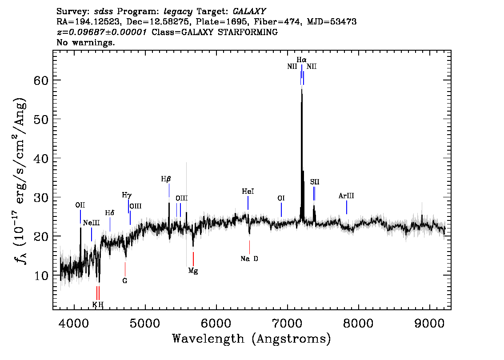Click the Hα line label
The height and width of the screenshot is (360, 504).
[x=301, y=60]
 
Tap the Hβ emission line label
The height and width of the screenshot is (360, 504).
[x=166, y=179]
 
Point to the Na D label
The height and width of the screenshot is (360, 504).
[x=249, y=259]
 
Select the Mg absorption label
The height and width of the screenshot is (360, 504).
[x=193, y=271]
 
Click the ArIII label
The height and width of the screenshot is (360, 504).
[x=346, y=196]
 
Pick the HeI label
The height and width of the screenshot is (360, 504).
[x=248, y=192]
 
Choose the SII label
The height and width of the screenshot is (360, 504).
[x=315, y=182]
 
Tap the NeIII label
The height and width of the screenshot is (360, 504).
[x=91, y=223]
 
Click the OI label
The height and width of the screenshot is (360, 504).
[x=281, y=198]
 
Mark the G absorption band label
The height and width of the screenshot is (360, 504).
[x=125, y=281]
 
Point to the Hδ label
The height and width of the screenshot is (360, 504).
[x=110, y=213]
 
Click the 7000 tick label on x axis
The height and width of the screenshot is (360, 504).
[x=288, y=323]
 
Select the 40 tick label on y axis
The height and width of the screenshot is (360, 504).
[x=41, y=158]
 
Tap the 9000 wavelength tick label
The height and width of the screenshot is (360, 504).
[x=429, y=323]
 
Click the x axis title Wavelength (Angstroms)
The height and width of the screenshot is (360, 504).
[x=252, y=339]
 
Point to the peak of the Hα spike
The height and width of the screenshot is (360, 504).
[x=301, y=89]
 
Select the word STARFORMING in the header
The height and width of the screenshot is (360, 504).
[x=248, y=32]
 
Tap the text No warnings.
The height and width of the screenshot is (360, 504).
[x=86, y=42]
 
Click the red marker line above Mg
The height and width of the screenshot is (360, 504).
[x=193, y=259]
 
